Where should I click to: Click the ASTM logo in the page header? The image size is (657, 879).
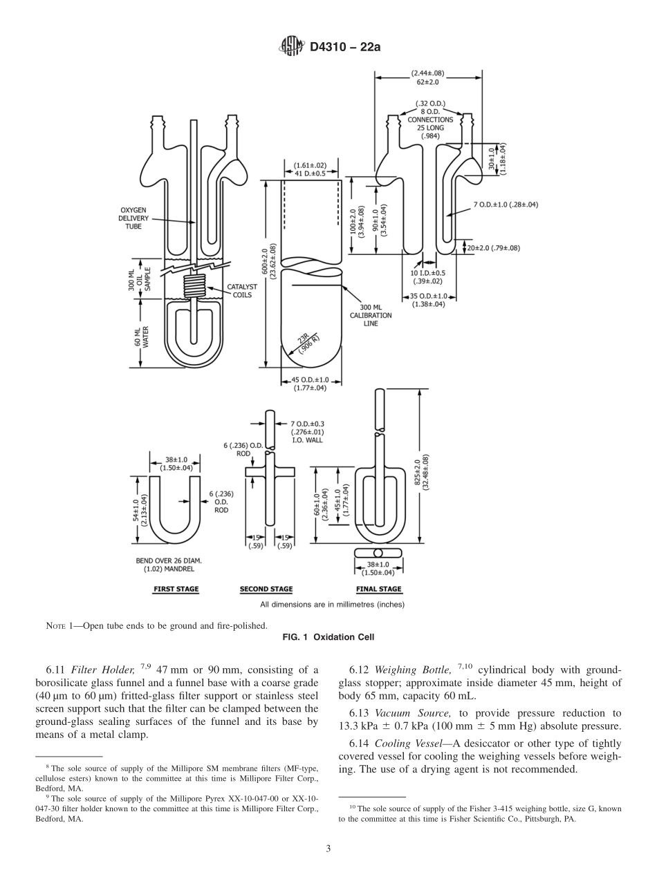click(290, 47)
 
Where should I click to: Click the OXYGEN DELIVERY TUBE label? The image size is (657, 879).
click(133, 217)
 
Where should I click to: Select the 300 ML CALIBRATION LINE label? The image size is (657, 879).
click(376, 315)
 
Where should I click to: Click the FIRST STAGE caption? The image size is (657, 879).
click(176, 589)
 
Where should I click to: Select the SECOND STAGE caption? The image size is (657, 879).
click(266, 589)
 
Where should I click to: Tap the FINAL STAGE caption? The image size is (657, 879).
click(378, 589)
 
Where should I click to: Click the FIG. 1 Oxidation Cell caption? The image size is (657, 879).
click(328, 637)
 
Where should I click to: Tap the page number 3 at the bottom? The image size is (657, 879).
click(328, 849)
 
